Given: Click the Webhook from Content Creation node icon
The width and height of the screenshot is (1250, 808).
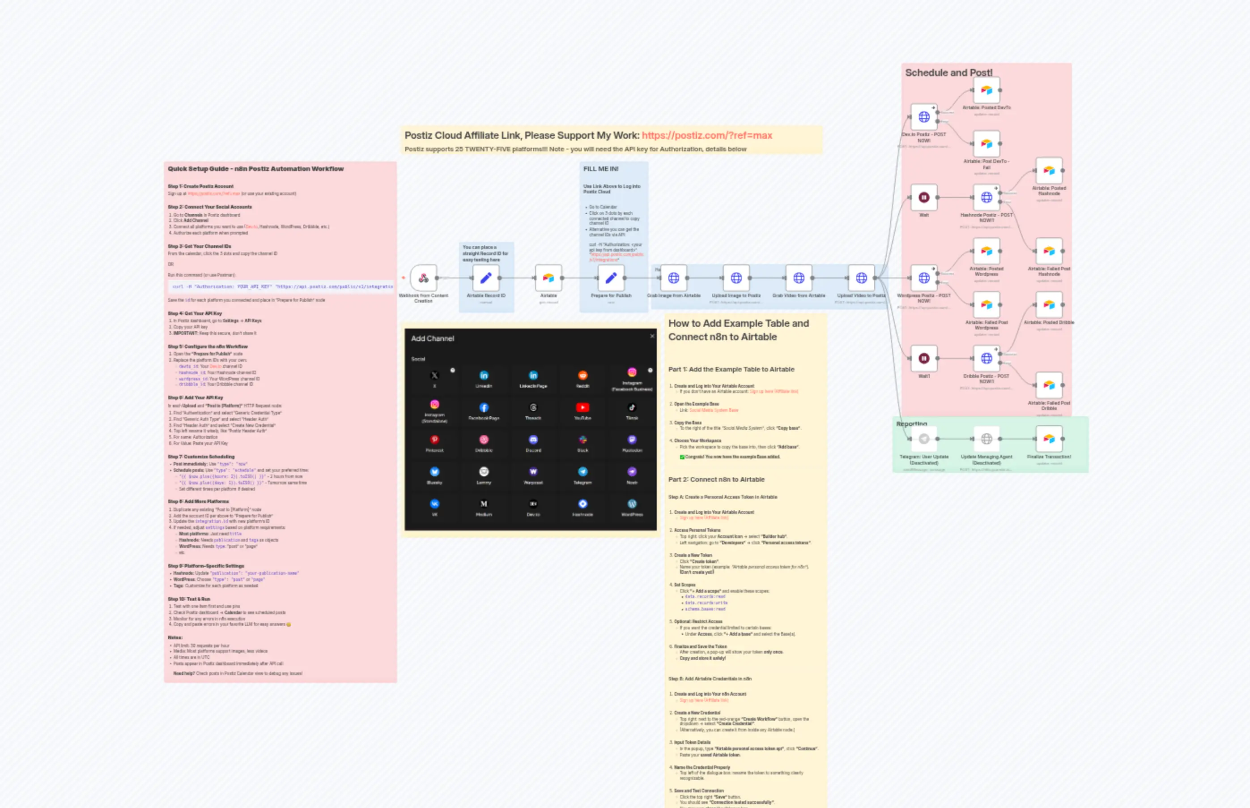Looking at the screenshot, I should (x=423, y=278).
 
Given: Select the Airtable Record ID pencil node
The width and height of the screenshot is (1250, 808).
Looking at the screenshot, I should (x=485, y=278).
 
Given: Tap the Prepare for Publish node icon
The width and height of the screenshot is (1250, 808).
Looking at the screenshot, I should (x=611, y=278).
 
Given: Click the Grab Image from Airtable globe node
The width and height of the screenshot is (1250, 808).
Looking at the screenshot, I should (x=673, y=278).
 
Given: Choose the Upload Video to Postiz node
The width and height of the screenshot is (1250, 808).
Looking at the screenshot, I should (x=861, y=278).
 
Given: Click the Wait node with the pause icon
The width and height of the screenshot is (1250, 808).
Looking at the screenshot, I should (x=923, y=198).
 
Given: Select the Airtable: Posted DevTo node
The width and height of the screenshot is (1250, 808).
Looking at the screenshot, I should (x=986, y=90).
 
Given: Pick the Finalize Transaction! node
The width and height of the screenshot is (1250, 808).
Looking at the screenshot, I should (x=1049, y=439).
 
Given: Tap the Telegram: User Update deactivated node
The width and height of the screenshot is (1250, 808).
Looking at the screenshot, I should (x=923, y=439).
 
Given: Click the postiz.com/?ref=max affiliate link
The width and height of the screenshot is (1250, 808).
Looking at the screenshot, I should (x=706, y=135).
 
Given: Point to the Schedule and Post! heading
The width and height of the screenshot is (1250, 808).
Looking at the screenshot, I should (x=948, y=73).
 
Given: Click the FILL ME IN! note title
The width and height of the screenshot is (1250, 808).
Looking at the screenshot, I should (x=600, y=169).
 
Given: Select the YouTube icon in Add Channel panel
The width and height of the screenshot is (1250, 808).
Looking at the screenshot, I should (x=582, y=408).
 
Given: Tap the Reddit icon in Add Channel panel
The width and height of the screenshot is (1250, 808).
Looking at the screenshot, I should (x=582, y=375).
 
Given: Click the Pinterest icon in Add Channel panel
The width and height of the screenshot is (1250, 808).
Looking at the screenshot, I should (x=434, y=440).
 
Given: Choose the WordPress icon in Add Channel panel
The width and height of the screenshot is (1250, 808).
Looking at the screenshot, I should (x=632, y=504).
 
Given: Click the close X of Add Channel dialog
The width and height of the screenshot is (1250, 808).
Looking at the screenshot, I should (x=652, y=336).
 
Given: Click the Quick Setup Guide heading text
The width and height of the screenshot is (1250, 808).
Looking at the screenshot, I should (x=255, y=169).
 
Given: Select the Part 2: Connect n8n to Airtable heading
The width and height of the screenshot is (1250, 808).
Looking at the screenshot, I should (x=716, y=479).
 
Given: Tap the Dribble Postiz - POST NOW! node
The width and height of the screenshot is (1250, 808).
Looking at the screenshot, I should (x=986, y=359).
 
